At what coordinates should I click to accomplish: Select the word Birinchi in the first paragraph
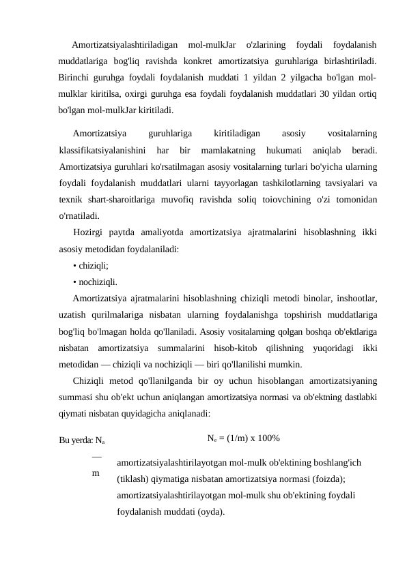(77, 76)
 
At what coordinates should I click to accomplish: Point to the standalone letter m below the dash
(96, 471)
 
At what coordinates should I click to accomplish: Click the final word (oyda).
(209, 510)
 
